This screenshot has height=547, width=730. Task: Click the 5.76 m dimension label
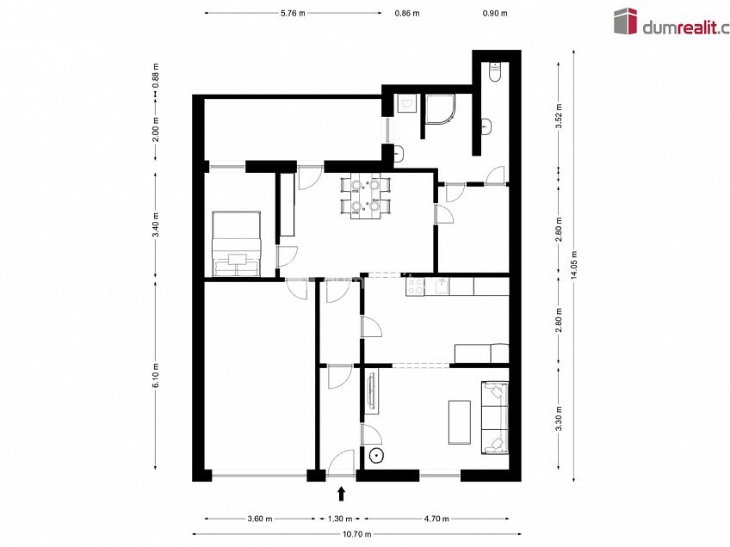click(x=293, y=13)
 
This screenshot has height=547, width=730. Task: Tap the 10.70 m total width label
click(x=357, y=534)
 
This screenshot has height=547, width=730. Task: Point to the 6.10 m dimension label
click(x=156, y=375)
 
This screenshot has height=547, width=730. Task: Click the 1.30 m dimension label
click(x=340, y=519)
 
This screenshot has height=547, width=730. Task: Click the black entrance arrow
click(x=342, y=494)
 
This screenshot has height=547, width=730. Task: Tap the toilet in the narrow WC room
click(x=494, y=72)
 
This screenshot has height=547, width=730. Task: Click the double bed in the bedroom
click(x=237, y=243)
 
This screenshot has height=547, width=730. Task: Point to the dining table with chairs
click(x=366, y=196)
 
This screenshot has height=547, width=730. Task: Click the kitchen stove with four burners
click(x=415, y=286)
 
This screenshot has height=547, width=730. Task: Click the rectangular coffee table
click(x=460, y=422)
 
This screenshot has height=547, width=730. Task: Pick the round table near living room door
click(x=375, y=456)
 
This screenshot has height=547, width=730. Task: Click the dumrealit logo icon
click(x=625, y=21)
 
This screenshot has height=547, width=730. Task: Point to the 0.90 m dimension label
click(x=495, y=13)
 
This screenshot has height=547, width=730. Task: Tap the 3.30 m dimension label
click(x=560, y=419)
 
